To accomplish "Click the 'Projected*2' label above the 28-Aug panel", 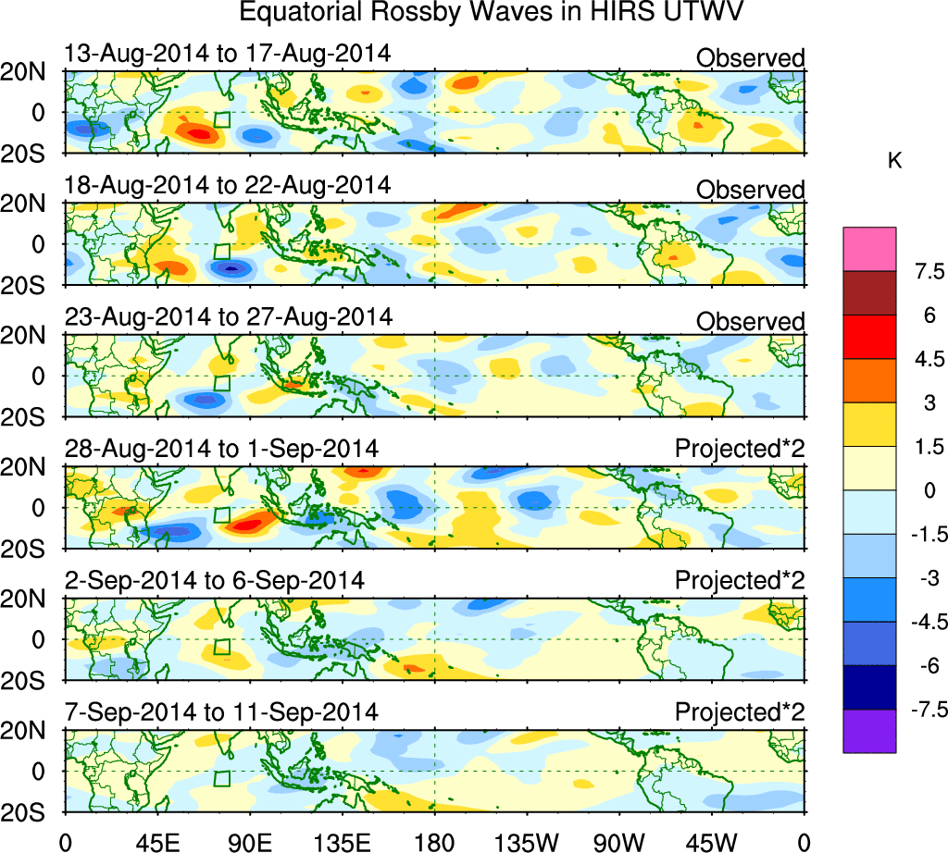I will coord(740,451).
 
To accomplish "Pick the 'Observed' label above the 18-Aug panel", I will coord(750,190).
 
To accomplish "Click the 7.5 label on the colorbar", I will coord(924,272).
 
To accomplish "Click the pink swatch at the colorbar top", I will coord(869,249).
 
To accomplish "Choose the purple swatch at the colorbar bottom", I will coord(869,731).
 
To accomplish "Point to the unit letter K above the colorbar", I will coord(894,161).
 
